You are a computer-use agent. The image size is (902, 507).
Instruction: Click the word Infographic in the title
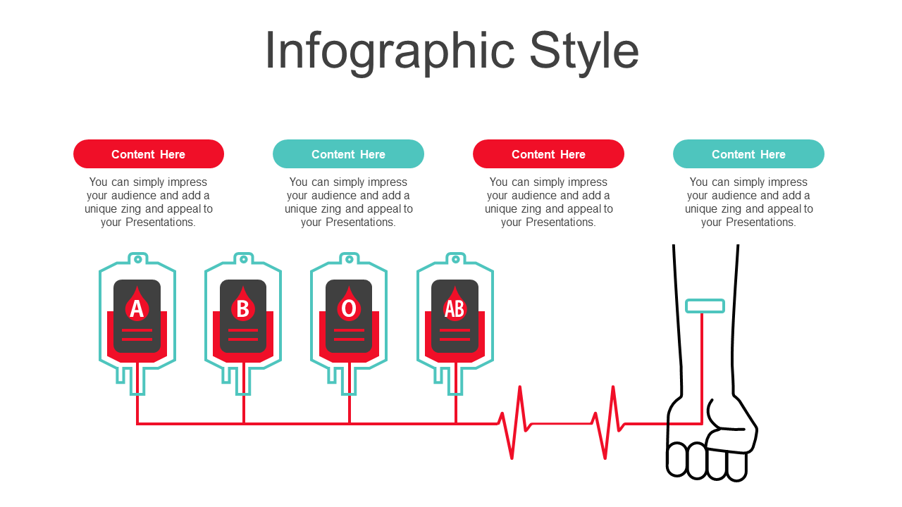[390, 52]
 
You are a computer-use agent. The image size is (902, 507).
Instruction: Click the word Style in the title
[584, 52]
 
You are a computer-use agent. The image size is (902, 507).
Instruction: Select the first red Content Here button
[149, 154]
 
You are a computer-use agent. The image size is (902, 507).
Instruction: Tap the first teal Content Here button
[348, 154]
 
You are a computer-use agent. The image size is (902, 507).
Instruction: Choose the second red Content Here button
[548, 154]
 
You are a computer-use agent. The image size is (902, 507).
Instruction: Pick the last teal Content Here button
[748, 154]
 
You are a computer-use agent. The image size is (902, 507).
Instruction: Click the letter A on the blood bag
[137, 309]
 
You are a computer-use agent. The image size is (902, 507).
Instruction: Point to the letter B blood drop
[243, 304]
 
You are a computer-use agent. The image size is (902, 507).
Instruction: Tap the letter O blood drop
[349, 304]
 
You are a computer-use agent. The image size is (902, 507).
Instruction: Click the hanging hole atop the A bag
[137, 260]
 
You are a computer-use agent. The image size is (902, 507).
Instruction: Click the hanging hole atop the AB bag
[455, 260]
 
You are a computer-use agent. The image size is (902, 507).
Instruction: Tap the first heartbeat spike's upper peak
[520, 387]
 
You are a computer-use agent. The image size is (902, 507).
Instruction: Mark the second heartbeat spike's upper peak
[613, 387]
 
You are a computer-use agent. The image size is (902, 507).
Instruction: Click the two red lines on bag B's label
[243, 334]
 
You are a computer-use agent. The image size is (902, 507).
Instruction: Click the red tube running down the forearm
[702, 368]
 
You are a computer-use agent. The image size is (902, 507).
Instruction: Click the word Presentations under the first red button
[160, 222]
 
